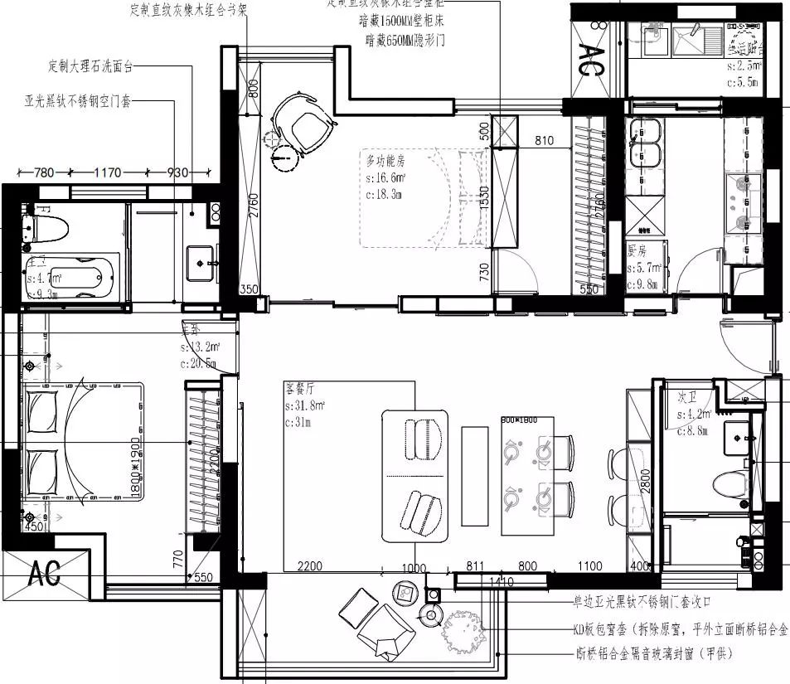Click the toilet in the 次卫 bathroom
[x=729, y=483]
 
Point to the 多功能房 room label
[x=384, y=158]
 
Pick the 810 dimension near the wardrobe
[x=544, y=141]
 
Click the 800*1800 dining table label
[x=520, y=420]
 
